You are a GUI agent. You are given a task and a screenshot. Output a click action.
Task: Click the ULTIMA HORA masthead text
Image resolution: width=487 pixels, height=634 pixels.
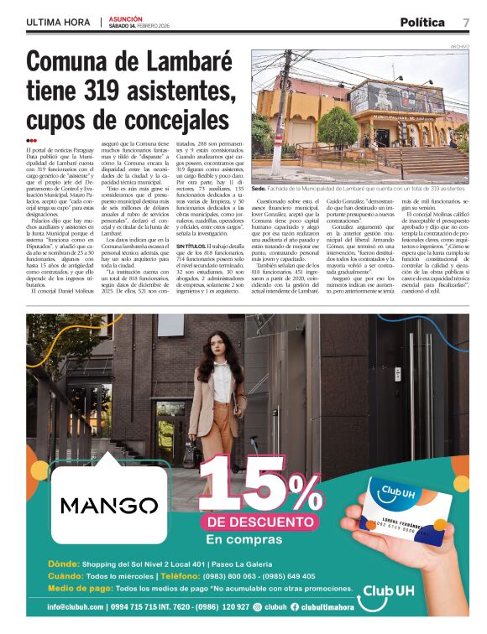(58, 22)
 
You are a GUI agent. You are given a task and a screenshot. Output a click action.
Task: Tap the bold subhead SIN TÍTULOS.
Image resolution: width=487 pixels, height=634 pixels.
(195, 246)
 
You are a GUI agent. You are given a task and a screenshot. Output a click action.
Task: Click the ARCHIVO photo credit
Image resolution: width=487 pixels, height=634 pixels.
(459, 46)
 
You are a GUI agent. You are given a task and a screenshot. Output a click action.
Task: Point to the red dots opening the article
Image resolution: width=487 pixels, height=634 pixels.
(31, 141)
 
